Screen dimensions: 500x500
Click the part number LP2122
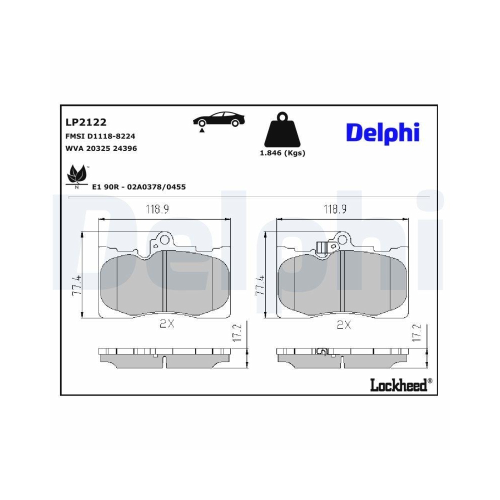[x=86, y=122]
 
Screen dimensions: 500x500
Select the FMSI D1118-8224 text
[x=100, y=136]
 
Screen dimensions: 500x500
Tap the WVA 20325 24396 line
[x=101, y=148]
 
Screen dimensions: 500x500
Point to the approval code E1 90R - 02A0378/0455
[x=139, y=187]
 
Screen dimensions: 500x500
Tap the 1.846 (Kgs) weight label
[x=282, y=153]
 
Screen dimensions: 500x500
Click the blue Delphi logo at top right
[x=382, y=133]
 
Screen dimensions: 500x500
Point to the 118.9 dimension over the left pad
[x=157, y=210]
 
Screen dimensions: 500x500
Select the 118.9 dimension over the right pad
[x=335, y=210]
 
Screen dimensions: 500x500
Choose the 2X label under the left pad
[x=166, y=324]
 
